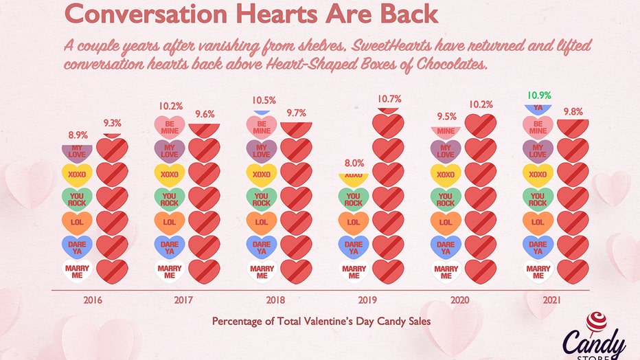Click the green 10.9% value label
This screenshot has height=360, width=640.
(539, 95)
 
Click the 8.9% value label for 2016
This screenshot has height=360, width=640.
(77, 135)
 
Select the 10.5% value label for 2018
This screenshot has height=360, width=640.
(262, 100)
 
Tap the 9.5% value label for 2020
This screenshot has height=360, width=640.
(446, 116)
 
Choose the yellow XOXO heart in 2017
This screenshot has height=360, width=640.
(170, 175)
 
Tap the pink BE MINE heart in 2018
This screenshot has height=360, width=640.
(262, 126)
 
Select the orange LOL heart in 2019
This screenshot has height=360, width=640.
(354, 223)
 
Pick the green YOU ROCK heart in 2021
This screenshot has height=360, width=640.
(538, 199)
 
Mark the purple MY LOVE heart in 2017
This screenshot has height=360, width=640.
(170, 150)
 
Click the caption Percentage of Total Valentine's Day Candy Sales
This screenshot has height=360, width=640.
(321, 322)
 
